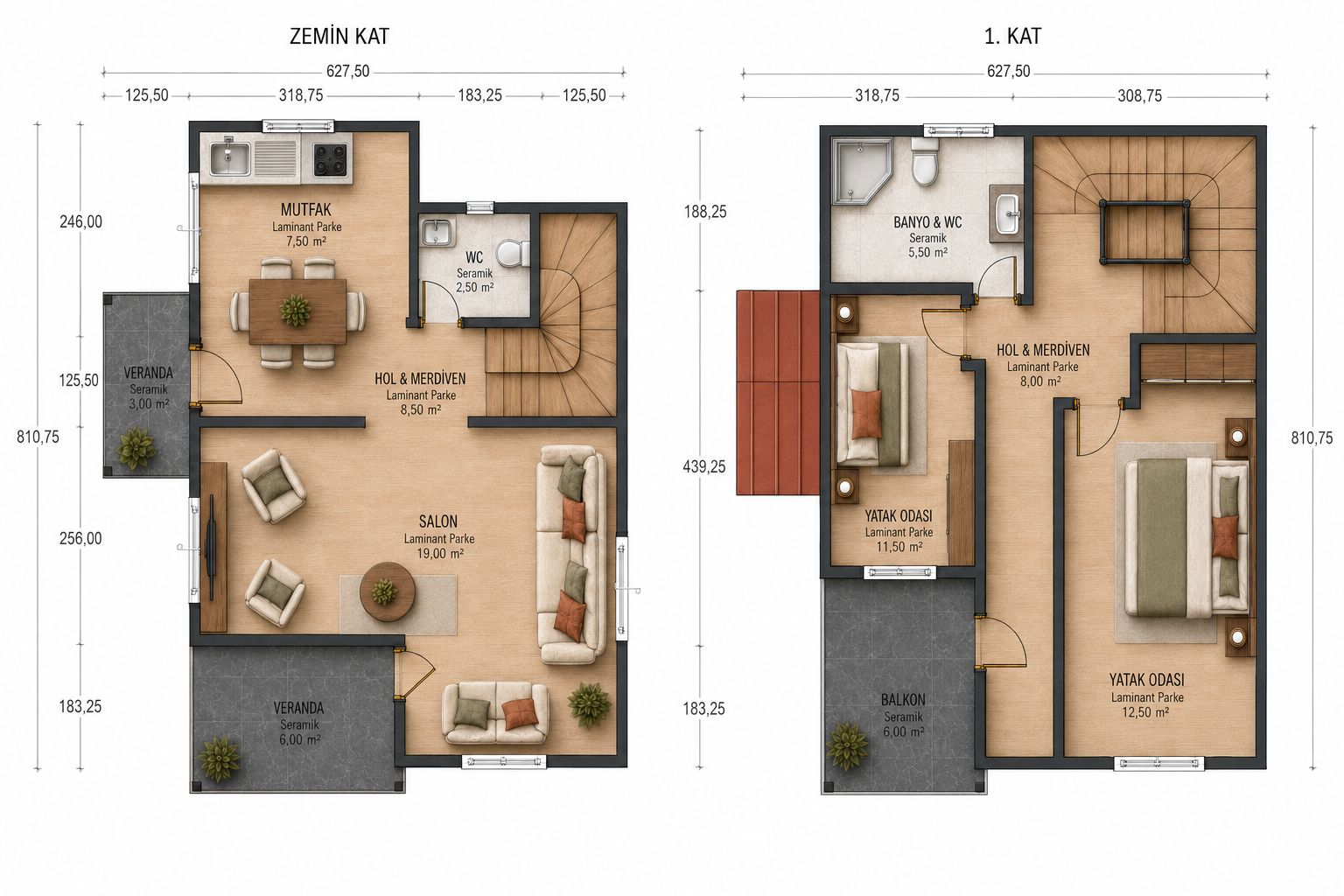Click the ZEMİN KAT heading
(x=339, y=37)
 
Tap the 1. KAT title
(x=1012, y=37)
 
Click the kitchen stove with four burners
(x=330, y=159)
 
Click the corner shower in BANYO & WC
(x=860, y=171)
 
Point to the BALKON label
(x=903, y=700)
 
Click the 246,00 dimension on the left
(x=81, y=222)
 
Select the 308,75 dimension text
(x=1139, y=96)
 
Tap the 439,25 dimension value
(x=704, y=467)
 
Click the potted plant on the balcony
(x=847, y=746)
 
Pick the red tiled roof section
(x=778, y=393)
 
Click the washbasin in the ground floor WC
(x=437, y=232)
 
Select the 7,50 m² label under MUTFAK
(x=306, y=241)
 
